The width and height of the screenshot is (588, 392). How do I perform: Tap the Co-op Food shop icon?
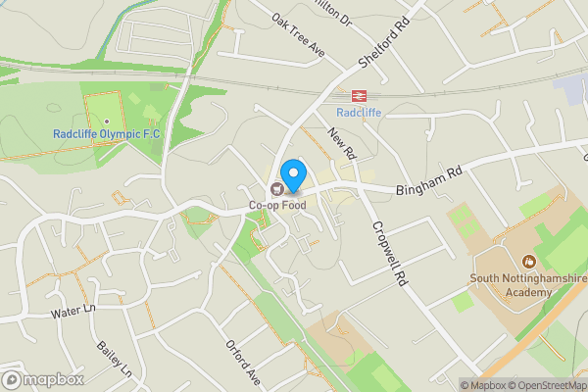(278, 189)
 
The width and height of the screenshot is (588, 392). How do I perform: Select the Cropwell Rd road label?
(387, 252)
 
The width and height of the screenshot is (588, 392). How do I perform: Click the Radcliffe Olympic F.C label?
(106, 133)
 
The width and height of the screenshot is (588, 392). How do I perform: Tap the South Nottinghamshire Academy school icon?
(529, 262)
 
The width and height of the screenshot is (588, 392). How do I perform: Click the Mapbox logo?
(42, 379)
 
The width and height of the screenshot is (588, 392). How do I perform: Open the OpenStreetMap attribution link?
(538, 385)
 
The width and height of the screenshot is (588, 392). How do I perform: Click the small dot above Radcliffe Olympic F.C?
(106, 122)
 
